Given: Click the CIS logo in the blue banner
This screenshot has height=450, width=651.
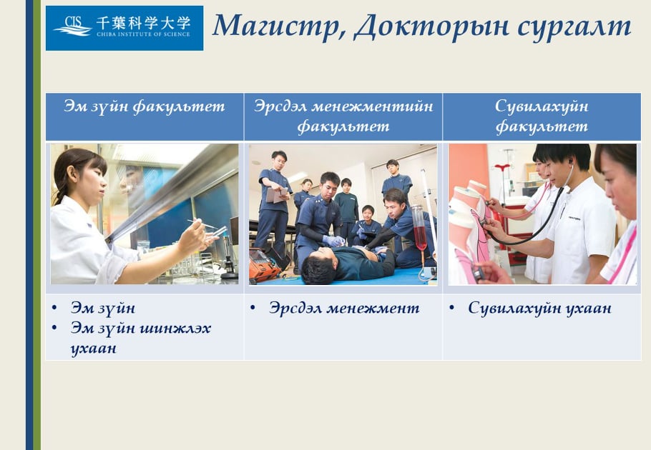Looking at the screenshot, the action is click(73, 26).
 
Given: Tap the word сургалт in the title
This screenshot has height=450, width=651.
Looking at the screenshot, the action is click(574, 27).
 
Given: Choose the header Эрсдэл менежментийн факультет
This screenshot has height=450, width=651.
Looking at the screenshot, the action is click(343, 116).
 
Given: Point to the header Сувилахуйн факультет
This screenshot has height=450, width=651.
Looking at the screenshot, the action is click(542, 116).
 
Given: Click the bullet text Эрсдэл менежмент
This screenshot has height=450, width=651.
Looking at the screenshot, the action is click(344, 308).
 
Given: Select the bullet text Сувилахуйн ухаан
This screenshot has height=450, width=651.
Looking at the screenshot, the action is click(539, 308).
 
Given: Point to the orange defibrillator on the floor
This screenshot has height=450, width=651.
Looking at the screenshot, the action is click(264, 266).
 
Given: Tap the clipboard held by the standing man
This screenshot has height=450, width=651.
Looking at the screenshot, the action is click(277, 194).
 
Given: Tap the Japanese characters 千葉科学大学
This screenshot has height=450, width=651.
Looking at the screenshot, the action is click(143, 23).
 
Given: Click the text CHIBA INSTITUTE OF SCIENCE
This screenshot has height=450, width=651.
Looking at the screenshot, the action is click(143, 34).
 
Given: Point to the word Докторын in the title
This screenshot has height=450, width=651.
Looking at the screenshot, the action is click(432, 26).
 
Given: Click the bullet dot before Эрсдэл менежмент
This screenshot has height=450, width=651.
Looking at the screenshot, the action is click(253, 307).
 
